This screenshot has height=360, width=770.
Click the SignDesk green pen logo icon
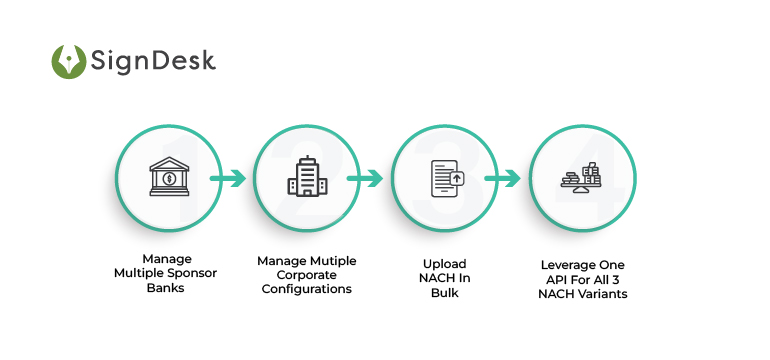(69, 61)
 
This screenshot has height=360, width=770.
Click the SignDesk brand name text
(152, 61)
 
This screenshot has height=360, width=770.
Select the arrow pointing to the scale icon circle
(509, 180)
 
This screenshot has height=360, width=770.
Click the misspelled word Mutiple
(333, 261)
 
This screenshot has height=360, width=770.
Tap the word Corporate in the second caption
(307, 275)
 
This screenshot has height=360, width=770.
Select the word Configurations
(307, 290)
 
